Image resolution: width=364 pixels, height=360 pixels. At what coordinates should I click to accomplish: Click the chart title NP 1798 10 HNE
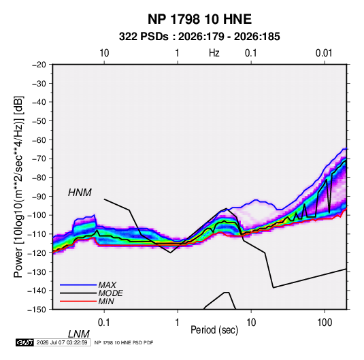(x=199, y=19)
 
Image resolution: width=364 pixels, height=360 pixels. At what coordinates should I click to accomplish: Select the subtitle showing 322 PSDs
(x=199, y=37)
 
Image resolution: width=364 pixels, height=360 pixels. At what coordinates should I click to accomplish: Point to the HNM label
(x=80, y=193)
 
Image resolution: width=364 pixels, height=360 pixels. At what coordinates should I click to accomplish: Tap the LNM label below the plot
(x=78, y=334)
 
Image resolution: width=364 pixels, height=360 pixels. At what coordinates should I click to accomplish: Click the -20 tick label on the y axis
(x=39, y=65)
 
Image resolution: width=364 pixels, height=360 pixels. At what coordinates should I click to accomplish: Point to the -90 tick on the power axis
(x=39, y=197)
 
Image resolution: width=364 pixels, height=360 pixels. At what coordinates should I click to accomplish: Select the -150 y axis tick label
(x=37, y=310)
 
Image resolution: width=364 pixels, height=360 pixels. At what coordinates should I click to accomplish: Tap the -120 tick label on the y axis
(x=37, y=253)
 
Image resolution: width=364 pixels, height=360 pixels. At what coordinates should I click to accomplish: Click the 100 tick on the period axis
(x=325, y=323)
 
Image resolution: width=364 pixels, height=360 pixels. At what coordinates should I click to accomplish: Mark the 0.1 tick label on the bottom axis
(x=104, y=323)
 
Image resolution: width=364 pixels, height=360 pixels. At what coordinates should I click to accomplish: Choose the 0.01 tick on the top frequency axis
(x=324, y=53)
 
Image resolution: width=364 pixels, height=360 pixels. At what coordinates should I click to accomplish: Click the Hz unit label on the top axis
(x=214, y=53)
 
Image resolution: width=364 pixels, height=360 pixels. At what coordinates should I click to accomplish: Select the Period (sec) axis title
(x=214, y=330)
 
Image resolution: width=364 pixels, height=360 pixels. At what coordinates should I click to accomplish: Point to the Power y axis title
(x=18, y=186)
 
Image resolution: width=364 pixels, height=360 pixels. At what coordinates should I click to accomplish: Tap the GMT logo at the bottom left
(x=24, y=342)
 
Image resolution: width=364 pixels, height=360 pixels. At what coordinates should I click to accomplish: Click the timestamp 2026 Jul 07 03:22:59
(x=62, y=342)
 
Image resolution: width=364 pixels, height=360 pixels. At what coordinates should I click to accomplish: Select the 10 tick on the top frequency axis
(x=104, y=53)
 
